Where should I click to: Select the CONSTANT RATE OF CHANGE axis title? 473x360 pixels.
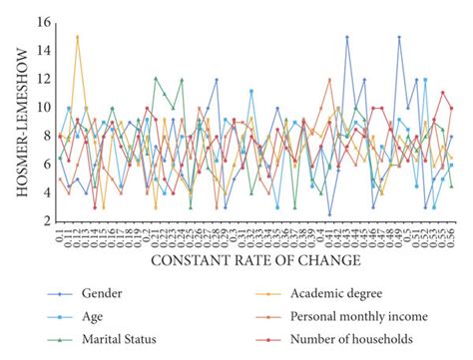256,261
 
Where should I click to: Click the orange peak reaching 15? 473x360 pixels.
77,37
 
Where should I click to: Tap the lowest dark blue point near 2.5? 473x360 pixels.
329,213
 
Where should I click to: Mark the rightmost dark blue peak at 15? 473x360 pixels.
399,37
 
